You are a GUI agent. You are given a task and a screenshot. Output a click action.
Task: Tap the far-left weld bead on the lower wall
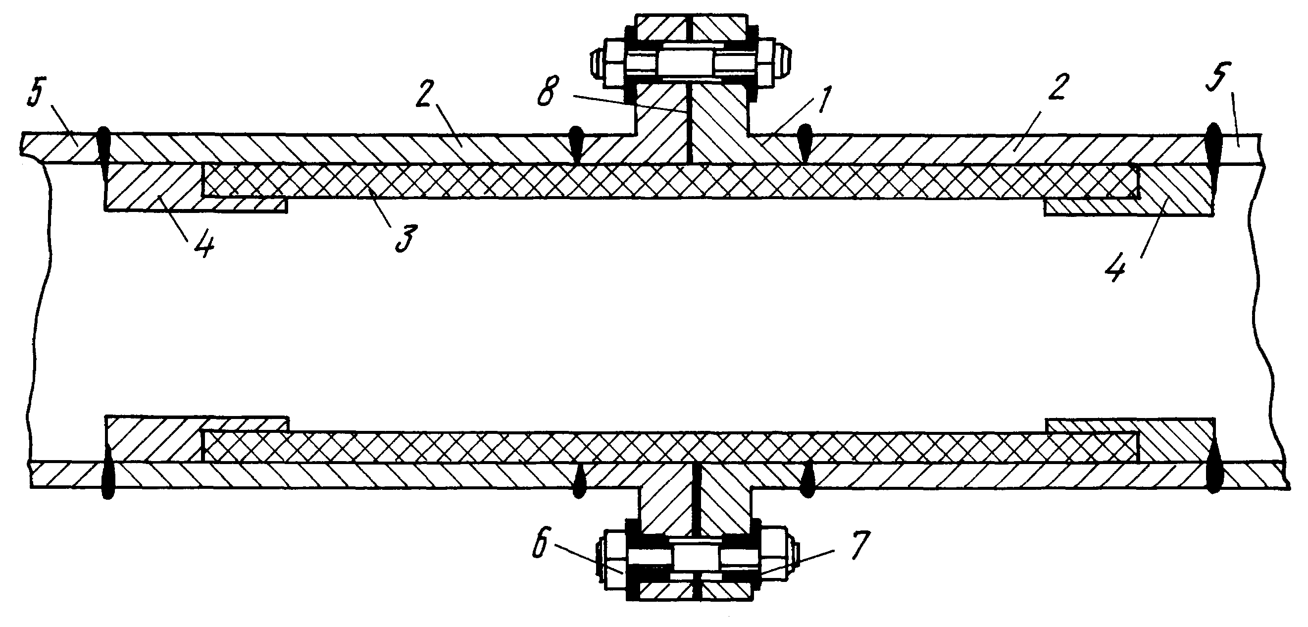pos(107,472)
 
